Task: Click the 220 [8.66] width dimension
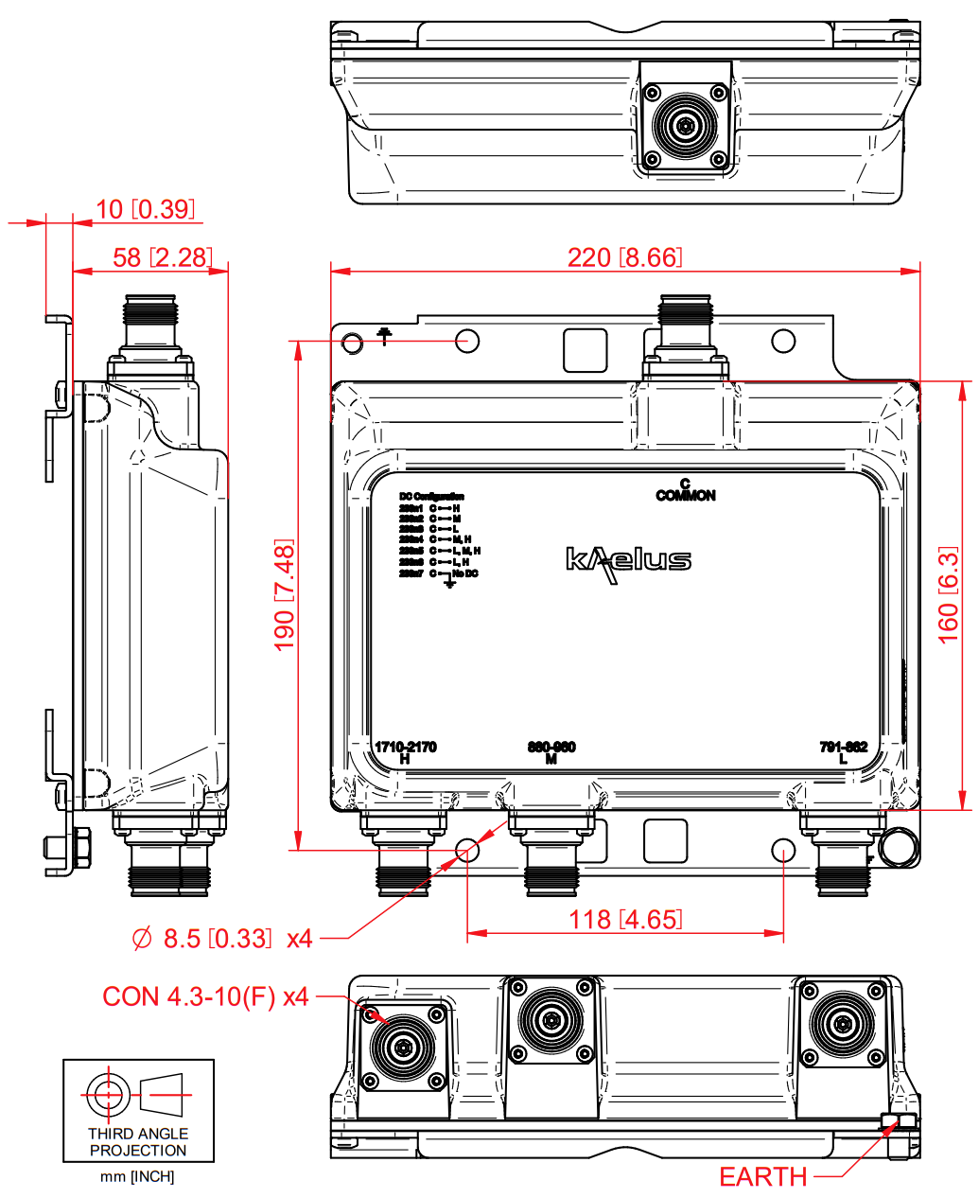[624, 257]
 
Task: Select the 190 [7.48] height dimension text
[284, 595]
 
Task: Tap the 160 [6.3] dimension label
[949, 595]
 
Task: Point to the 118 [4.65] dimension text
[624, 919]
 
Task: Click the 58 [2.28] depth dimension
[151, 257]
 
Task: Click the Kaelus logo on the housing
[628, 561]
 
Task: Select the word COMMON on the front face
[686, 496]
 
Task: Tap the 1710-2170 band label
[406, 748]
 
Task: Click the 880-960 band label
[551, 748]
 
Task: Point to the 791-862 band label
[843, 748]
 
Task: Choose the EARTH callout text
[762, 1177]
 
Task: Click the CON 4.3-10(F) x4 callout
[205, 996]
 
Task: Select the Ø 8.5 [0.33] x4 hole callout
[222, 939]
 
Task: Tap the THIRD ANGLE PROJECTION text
[138, 1142]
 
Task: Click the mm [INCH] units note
[138, 1177]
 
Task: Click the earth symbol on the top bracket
[384, 335]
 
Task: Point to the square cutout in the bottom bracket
[665, 840]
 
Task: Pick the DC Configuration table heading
[431, 497]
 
